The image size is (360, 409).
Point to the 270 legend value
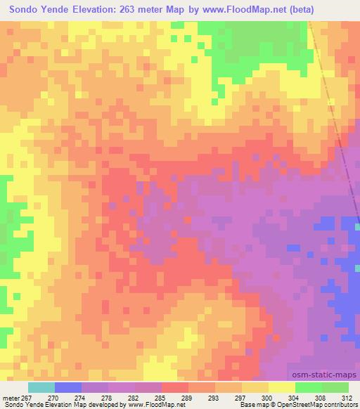pyautogui.click(x=67, y=397)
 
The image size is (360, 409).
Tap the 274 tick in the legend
pyautogui.click(x=94, y=397)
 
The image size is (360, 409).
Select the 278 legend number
pyautogui.click(x=121, y=397)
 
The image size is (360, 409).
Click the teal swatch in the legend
pyautogui.click(x=41, y=387)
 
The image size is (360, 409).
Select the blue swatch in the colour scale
pyautogui.click(x=68, y=387)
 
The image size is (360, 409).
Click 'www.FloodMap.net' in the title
pyautogui.click(x=237, y=9)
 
